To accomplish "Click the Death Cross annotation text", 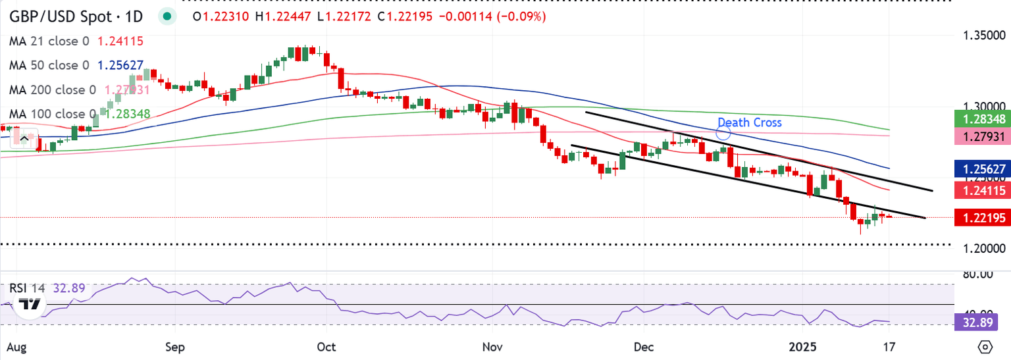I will pyautogui.click(x=749, y=122).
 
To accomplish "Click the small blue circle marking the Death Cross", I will pyautogui.click(x=723, y=133).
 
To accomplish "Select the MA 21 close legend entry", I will pyautogui.click(x=76, y=41).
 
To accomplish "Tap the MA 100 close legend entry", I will pyautogui.click(x=80, y=114).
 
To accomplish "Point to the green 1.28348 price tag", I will pyautogui.click(x=981, y=119).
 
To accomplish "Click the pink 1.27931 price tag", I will pyautogui.click(x=981, y=137).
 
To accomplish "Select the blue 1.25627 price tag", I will pyautogui.click(x=981, y=169).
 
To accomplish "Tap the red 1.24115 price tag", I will pyautogui.click(x=981, y=190).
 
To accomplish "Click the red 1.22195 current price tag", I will pyautogui.click(x=981, y=218).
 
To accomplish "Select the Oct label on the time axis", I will pyautogui.click(x=325, y=346).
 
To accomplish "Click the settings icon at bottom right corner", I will pyautogui.click(x=985, y=346).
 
